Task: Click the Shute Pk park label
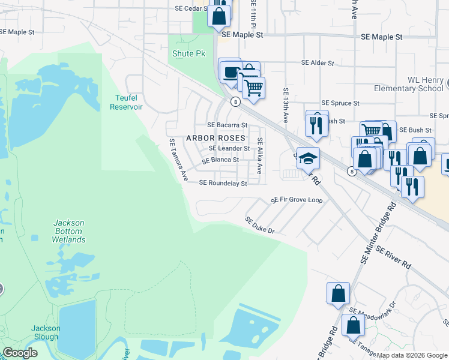coord(188,54)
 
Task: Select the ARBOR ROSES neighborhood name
coord(215,137)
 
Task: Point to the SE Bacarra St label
coord(227,125)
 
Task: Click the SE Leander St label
coord(229,148)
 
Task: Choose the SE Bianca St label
coord(220,160)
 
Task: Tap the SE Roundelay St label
coord(223,183)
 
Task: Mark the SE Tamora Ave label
coord(178,160)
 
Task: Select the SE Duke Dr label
coord(259,226)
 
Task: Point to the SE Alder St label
coord(317,62)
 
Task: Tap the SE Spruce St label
coord(340,103)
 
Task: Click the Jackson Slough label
coord(46,332)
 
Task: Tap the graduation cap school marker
coord(308,159)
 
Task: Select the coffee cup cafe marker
coord(229,72)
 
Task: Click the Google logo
coord(20,353)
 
